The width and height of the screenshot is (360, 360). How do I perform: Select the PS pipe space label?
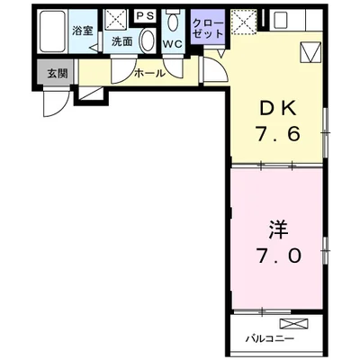145,15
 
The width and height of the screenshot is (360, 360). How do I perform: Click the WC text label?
174,42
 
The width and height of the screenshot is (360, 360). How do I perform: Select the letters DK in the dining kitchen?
278,110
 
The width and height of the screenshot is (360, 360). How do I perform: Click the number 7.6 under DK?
278,138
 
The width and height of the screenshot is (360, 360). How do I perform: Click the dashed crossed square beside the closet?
243,21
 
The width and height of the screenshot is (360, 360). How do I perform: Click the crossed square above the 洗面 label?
115,20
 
